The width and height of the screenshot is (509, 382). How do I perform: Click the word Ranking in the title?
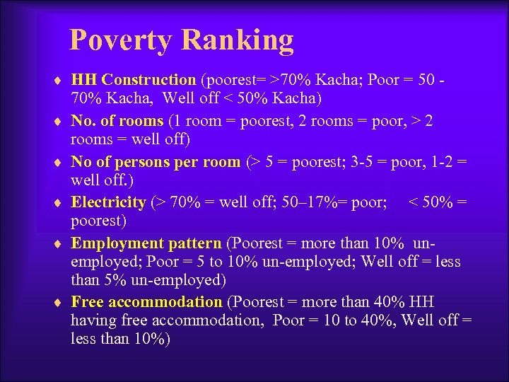238,40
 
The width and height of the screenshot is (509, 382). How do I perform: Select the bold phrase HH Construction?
134,81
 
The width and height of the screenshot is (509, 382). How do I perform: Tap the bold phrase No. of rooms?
117,121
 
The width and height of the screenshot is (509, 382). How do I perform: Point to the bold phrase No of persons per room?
156,162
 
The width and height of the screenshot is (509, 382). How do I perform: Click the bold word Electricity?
108,203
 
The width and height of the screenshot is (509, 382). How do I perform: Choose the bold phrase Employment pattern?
146,244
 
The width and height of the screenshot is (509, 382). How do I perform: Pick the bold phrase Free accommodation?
146,302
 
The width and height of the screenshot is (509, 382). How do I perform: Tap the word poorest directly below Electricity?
99,221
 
